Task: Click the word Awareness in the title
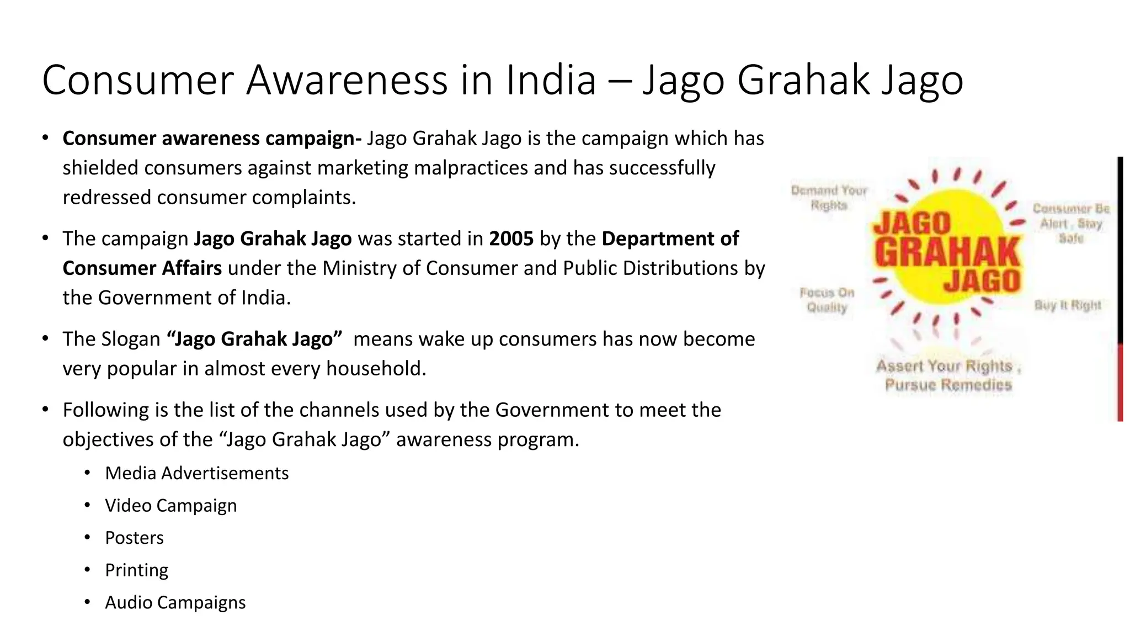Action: tap(346, 81)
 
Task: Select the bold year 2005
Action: tap(511, 239)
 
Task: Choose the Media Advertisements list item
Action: tap(196, 473)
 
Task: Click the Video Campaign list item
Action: tap(170, 506)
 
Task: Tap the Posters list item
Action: tap(134, 538)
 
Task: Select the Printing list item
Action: tap(136, 570)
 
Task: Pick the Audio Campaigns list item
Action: tap(175, 602)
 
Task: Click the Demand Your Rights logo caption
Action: tap(829, 198)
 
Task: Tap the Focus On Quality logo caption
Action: tap(827, 300)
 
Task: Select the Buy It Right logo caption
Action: tap(1067, 305)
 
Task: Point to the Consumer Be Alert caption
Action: tap(1070, 223)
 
